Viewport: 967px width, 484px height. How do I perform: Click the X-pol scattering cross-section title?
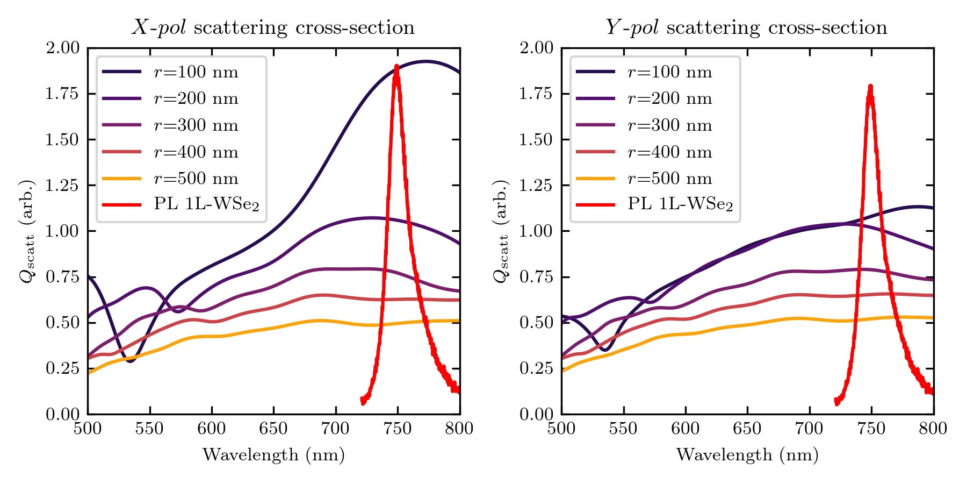pos(273,27)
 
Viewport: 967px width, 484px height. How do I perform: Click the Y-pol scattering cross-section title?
pos(747,27)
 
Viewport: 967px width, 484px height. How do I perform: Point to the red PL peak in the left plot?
pos(396,67)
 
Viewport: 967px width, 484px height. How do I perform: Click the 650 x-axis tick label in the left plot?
pos(273,429)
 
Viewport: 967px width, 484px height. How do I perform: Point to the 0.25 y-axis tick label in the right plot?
pos(537,368)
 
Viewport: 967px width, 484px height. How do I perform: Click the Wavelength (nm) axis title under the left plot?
pos(273,455)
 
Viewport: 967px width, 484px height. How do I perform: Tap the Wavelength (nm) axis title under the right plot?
pos(747,455)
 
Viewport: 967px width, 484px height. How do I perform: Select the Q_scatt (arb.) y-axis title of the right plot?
pos(501,231)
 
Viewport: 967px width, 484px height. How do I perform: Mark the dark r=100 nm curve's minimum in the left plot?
pos(129,361)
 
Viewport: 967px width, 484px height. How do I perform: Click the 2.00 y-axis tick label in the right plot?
pos(537,48)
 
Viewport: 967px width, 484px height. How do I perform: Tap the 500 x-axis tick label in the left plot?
pos(88,429)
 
